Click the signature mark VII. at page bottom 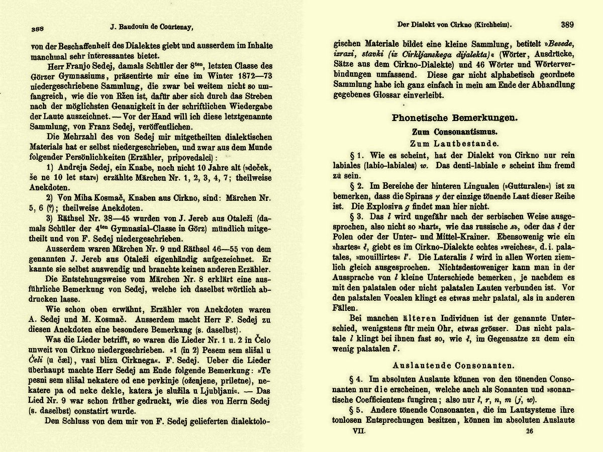359,431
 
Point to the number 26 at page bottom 529,431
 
